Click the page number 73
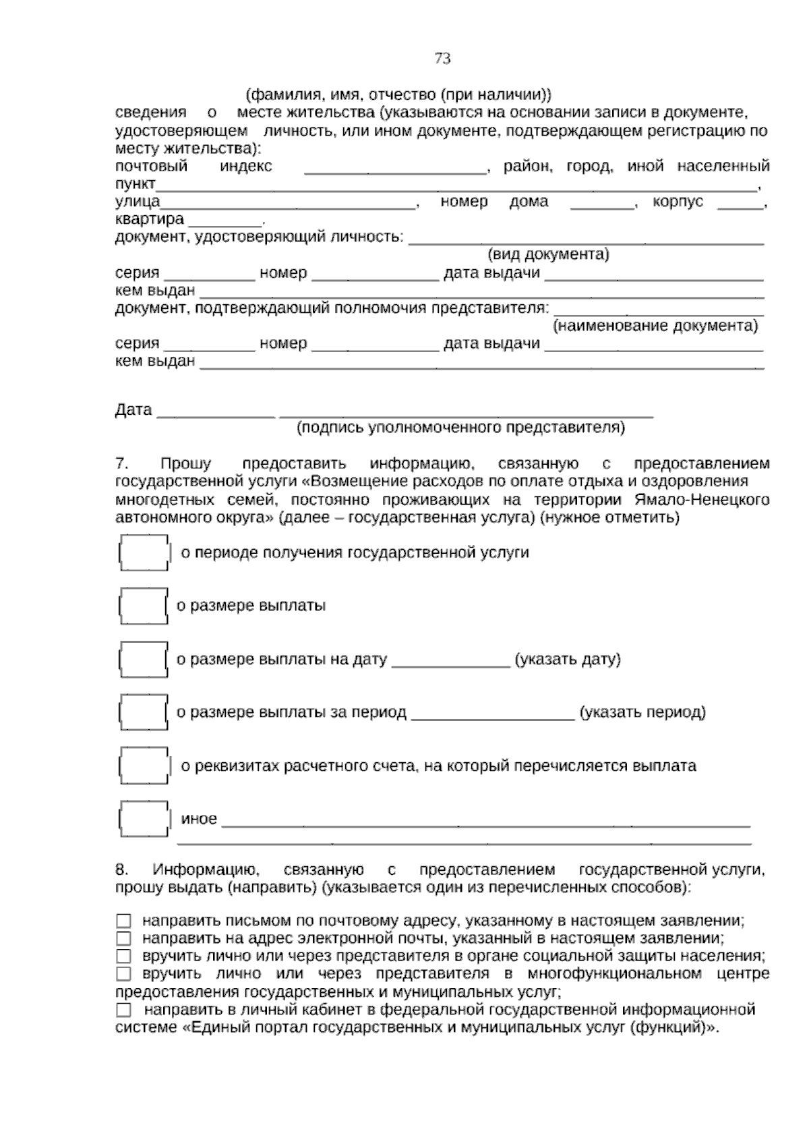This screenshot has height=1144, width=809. pos(442,59)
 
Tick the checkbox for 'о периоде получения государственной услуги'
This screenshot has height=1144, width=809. pos(144,553)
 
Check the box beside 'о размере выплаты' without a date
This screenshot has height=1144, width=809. pos(143,606)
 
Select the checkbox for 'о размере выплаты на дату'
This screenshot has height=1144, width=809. pos(143,659)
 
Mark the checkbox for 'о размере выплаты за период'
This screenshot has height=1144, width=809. pos(143,712)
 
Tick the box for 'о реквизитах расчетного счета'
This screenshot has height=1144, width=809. pos(144,766)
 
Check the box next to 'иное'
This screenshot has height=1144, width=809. pos(144,819)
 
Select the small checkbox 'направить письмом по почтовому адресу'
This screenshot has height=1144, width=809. pos(123,921)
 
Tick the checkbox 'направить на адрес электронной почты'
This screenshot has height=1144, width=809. pos(123,938)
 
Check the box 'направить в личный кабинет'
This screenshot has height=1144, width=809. pos(123,1010)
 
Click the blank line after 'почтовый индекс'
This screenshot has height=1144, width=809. pos(395,169)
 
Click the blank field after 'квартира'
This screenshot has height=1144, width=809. pos(225,221)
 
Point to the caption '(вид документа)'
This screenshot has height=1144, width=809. pos(547,254)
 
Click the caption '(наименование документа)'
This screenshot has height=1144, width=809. pos(655,326)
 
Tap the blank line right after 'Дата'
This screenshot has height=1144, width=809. pos(216,413)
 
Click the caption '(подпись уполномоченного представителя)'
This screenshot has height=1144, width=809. pos(461,428)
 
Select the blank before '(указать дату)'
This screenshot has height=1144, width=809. pos(450,662)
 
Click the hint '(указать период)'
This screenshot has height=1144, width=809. pos(642,712)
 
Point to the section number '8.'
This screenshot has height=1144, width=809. pos(122,869)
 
